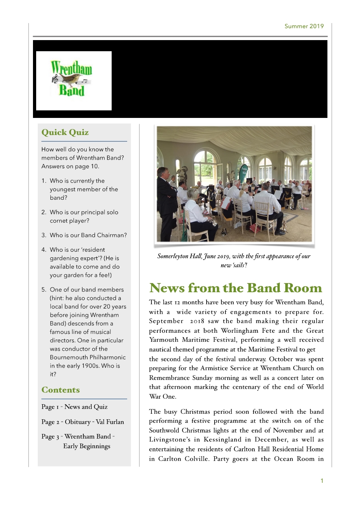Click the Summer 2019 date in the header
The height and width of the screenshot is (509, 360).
pyautogui.click(x=304, y=26)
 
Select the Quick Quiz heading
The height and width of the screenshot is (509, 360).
pyautogui.click(x=65, y=132)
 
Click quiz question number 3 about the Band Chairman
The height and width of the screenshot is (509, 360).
pyautogui.click(x=84, y=235)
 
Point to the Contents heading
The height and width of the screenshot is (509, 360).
pyautogui.click(x=60, y=390)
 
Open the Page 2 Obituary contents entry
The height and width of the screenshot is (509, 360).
pyautogui.click(x=82, y=422)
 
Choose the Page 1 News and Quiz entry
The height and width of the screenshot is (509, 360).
pyautogui.click(x=74, y=407)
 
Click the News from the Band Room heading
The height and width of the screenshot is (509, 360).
pyautogui.click(x=236, y=287)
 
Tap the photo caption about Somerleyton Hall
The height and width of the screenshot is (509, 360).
pyautogui.click(x=234, y=260)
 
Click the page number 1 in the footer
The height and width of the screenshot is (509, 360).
pyautogui.click(x=322, y=481)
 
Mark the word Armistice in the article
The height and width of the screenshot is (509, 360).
pyautogui.click(x=215, y=368)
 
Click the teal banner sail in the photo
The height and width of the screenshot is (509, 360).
pyautogui.click(x=243, y=169)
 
